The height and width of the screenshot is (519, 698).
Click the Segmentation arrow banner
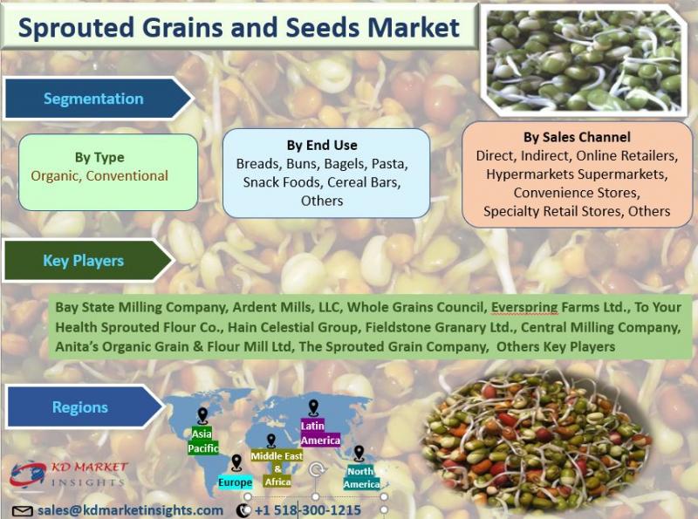tap(98, 99)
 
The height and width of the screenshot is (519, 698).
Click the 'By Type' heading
tap(99, 157)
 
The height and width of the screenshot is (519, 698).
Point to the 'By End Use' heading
tap(322, 145)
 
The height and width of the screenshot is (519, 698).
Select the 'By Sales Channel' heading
tap(577, 137)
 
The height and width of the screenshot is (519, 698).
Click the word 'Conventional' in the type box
tap(127, 176)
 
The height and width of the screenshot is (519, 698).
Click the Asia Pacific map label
tap(203, 440)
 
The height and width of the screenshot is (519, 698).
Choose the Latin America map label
tap(320, 434)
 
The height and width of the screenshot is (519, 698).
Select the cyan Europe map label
tap(235, 482)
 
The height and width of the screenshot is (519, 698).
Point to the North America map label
tap(361, 478)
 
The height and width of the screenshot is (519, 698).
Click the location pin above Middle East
tap(270, 440)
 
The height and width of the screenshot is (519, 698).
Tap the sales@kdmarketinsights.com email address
tap(130, 510)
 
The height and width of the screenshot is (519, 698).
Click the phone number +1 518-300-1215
tap(307, 510)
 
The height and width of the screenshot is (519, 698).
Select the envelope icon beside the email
tap(23, 511)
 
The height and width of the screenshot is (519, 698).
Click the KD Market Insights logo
tap(69, 475)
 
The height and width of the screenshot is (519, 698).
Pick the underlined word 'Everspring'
tap(524, 307)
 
